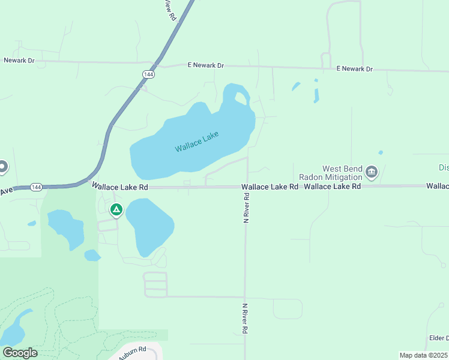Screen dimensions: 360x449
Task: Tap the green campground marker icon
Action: pos(116,210)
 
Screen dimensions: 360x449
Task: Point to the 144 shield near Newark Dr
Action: pos(148,73)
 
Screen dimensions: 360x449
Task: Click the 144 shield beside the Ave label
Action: pos(35,187)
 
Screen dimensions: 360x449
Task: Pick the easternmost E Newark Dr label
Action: pos(354,69)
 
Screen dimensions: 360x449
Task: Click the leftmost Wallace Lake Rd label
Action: pos(120,187)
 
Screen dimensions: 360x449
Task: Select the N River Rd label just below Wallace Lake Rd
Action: pos(246,209)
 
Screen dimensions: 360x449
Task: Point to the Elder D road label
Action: pos(439,338)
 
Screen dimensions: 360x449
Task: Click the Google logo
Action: pos(20,353)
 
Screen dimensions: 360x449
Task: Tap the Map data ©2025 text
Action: pos(423,355)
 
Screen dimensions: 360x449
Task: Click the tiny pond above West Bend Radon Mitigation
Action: pos(381,152)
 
